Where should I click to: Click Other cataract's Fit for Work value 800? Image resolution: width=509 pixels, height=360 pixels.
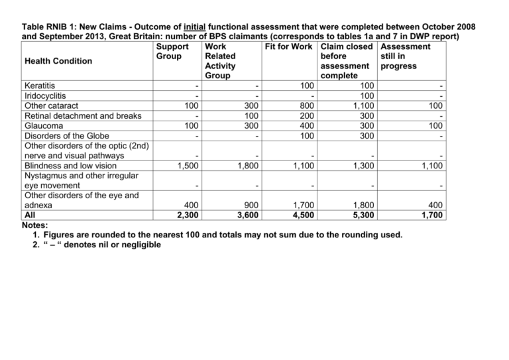(305, 106)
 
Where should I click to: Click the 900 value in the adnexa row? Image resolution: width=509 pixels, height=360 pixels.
(251, 206)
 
